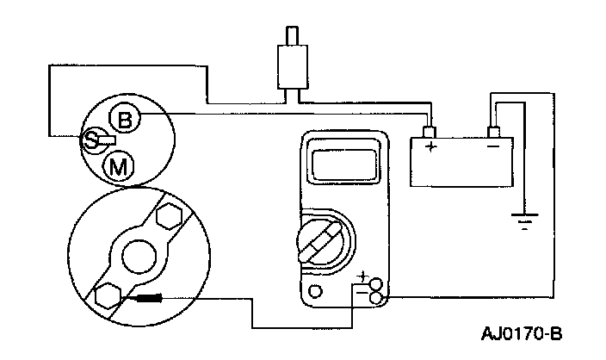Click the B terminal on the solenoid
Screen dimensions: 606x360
(126, 119)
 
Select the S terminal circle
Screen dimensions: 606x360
(90, 140)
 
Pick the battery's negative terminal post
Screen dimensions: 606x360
(493, 132)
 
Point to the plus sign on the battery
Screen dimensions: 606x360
(430, 147)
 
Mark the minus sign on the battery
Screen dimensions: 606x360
(492, 147)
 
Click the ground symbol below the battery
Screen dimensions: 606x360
(523, 221)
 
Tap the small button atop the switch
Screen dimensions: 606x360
(293, 34)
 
